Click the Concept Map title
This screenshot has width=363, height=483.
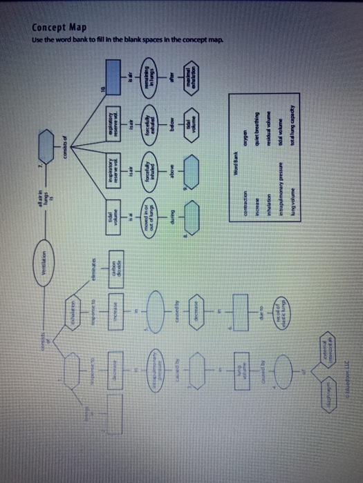pyautogui.click(x=59, y=28)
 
